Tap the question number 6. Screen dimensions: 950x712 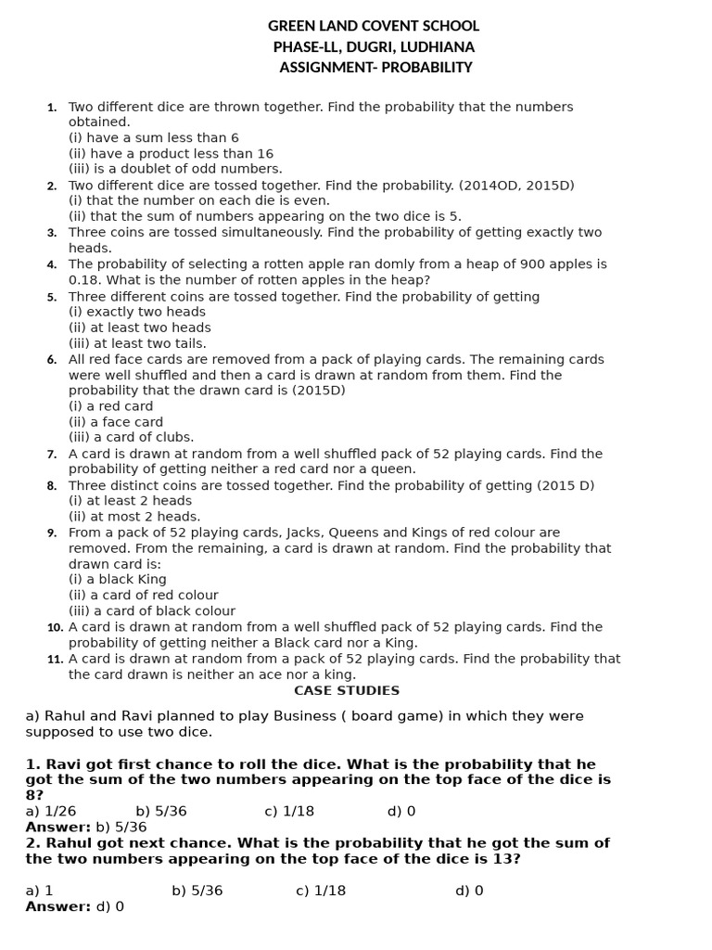click(52, 360)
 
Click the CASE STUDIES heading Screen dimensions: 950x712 click(347, 691)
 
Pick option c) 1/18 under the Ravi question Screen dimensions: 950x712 click(289, 812)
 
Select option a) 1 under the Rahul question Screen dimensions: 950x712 click(39, 892)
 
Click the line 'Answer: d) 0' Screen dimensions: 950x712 click(74, 907)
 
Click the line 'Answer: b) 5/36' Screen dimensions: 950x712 click(85, 828)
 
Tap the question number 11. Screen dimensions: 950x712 click(55, 660)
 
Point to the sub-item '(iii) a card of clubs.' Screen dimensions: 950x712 click(131, 438)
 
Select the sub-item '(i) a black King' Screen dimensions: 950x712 click(117, 580)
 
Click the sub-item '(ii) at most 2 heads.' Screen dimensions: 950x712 click(133, 517)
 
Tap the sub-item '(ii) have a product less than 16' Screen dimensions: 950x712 click(171, 154)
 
